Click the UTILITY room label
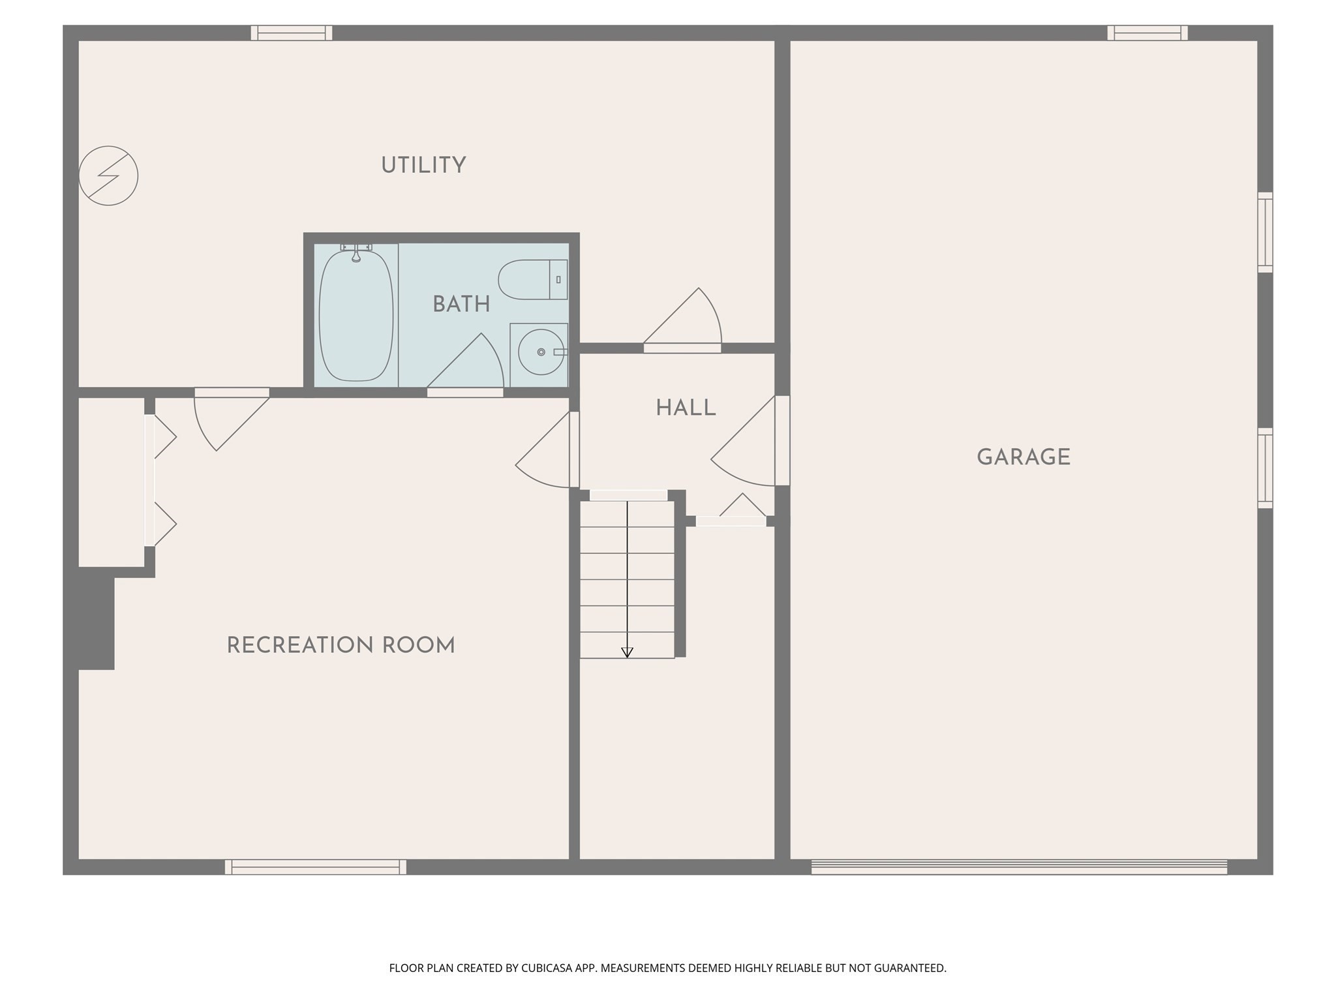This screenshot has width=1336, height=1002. pos(423,166)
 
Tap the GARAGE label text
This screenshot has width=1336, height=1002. pos(1023,457)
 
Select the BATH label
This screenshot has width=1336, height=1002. pos(461,305)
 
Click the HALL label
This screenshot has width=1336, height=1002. pos(686,408)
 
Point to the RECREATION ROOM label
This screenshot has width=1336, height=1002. pos(341,646)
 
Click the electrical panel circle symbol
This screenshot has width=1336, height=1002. pos(108,175)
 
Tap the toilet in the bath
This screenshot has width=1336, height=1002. pos(532,279)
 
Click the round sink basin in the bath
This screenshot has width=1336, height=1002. pos(541,352)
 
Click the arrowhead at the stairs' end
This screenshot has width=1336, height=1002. pos(627,652)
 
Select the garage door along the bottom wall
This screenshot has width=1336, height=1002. pos(1019,867)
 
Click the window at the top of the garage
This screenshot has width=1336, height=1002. pos(1147,33)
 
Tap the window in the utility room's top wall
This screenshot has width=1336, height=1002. pos(292,33)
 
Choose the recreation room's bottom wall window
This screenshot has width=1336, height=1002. pos(316,867)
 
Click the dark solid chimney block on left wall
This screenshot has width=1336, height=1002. pos(95,618)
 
